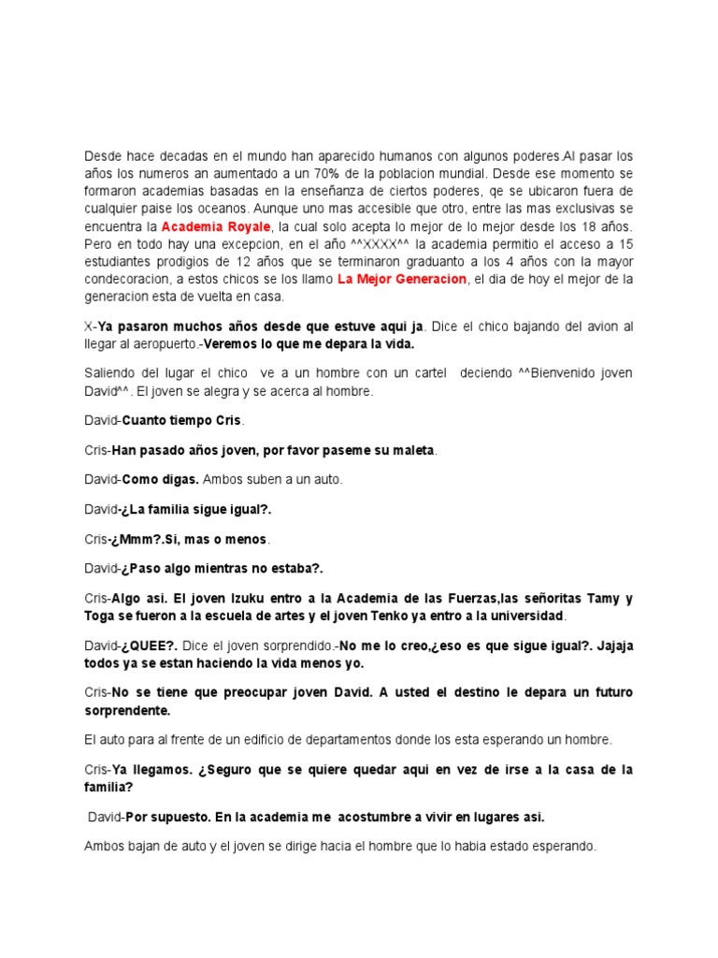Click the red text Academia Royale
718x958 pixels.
click(x=215, y=227)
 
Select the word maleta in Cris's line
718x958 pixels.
click(x=411, y=450)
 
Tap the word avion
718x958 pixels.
click(x=580, y=326)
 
